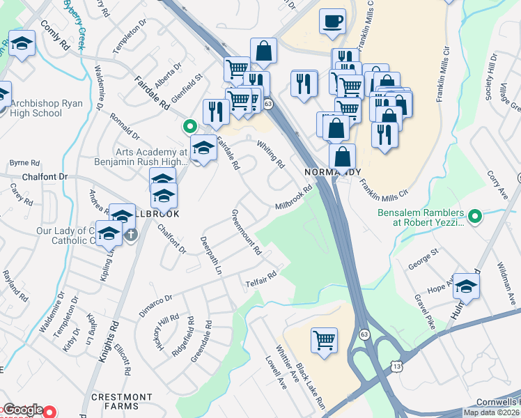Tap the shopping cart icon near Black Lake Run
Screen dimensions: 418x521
(324, 341)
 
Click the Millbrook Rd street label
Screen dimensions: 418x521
(293, 198)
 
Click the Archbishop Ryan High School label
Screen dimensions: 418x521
(47, 108)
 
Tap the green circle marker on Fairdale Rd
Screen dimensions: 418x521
(188, 127)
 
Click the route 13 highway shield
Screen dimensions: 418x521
(396, 365)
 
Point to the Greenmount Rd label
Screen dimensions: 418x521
(245, 232)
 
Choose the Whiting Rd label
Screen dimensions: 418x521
(271, 155)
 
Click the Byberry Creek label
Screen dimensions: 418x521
(74, 24)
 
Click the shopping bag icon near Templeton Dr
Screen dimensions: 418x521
(264, 50)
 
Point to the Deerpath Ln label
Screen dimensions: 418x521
(211, 255)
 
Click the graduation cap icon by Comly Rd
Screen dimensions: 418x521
(22, 44)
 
